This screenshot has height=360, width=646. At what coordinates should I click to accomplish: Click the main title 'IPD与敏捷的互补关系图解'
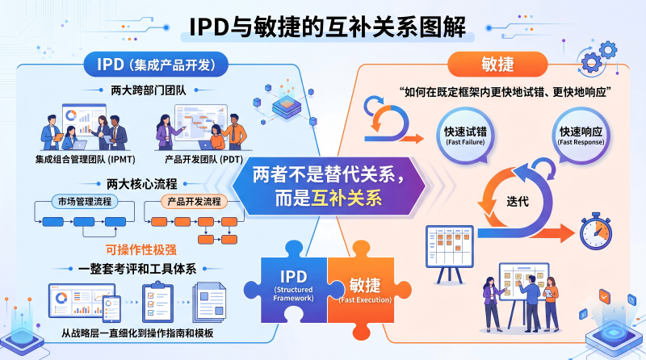(x=328, y=27)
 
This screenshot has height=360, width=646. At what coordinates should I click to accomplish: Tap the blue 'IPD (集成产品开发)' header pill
(x=156, y=65)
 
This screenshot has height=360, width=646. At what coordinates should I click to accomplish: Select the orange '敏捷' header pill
(x=497, y=65)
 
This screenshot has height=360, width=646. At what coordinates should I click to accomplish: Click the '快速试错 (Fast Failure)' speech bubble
(x=466, y=136)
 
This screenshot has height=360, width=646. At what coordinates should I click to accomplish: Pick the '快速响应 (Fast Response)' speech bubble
(x=581, y=136)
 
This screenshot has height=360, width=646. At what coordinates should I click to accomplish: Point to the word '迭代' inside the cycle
(x=518, y=202)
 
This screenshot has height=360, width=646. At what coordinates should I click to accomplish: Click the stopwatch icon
(x=596, y=231)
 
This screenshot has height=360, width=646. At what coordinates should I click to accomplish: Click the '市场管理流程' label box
(x=85, y=202)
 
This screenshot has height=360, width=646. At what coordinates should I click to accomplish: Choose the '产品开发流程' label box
(x=194, y=202)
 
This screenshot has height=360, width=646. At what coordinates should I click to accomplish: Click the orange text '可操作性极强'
(x=141, y=249)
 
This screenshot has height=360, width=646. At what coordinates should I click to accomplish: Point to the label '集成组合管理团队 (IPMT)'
(x=85, y=159)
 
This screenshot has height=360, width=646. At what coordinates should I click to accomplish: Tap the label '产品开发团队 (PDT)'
(x=204, y=159)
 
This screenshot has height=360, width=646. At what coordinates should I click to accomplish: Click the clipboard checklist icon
(x=157, y=302)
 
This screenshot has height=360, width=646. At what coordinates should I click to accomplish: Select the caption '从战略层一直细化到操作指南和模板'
(x=137, y=333)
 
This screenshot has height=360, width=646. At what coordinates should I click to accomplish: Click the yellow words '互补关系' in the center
(x=346, y=198)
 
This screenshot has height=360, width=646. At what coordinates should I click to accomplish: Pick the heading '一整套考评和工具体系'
(x=137, y=269)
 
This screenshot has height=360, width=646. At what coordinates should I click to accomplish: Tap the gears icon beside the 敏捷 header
(x=598, y=58)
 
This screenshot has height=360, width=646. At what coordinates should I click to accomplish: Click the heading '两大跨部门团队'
(x=149, y=90)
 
